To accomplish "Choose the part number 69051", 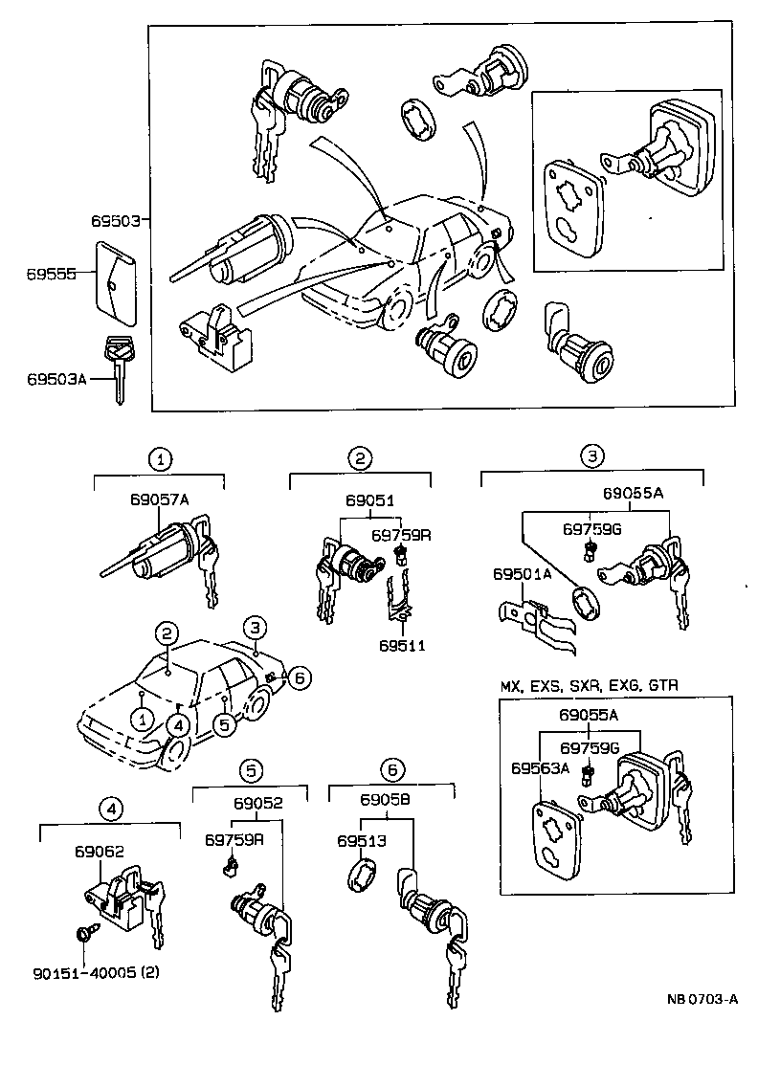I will click(x=370, y=500).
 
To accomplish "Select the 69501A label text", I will click(x=523, y=574).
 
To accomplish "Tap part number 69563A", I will click(x=540, y=767).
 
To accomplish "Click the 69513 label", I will click(x=360, y=841).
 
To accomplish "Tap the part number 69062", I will click(x=99, y=851).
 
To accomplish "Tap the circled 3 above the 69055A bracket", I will click(x=592, y=456).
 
